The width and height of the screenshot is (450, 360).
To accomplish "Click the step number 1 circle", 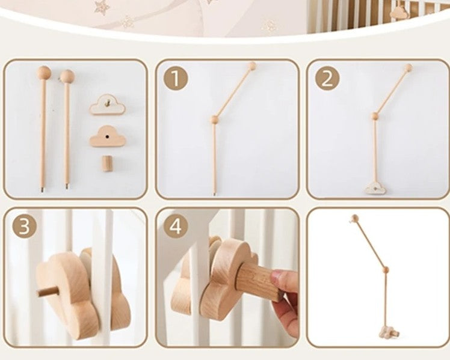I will [x=175, y=78].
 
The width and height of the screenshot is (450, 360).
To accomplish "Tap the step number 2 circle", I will [x=327, y=78].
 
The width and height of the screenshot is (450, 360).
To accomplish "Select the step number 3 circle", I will [x=23, y=226].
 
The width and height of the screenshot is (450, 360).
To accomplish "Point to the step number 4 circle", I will [x=175, y=226].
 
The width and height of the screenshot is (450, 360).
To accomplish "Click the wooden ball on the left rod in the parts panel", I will [x=43, y=73].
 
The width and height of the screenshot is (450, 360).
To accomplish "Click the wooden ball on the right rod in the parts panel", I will [x=67, y=76].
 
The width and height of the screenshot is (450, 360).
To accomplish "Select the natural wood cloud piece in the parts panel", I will [x=108, y=137].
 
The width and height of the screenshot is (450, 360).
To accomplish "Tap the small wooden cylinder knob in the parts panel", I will [x=107, y=163].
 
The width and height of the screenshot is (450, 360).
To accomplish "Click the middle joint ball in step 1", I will [x=214, y=120].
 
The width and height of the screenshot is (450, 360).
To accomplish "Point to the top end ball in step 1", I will [x=252, y=66].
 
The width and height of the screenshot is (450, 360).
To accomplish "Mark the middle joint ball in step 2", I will [x=374, y=115].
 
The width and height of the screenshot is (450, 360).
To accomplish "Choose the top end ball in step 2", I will [x=408, y=67].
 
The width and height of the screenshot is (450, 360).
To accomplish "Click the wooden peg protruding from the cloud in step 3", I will [x=43, y=291].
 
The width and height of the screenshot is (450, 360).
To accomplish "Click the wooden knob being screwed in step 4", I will [x=257, y=279].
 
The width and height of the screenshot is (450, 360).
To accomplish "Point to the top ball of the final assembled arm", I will [x=355, y=219].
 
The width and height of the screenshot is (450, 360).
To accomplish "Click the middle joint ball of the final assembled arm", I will [x=385, y=270].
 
